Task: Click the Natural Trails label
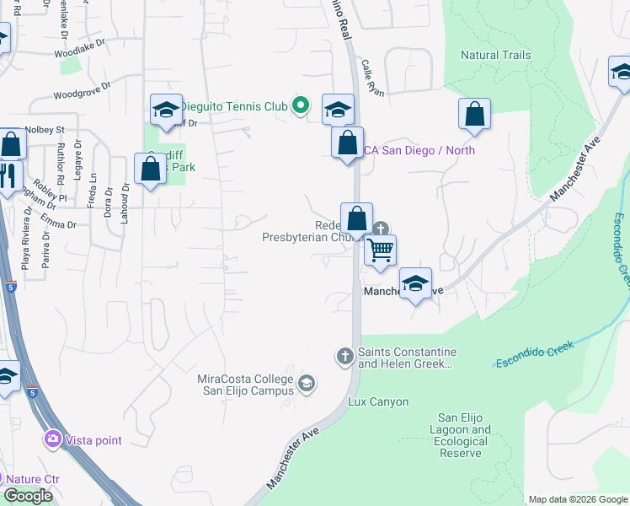[x=495, y=56]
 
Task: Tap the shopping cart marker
[x=380, y=250]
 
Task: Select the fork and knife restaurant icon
[x=8, y=177]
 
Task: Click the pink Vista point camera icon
[x=53, y=439]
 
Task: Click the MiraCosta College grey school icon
[x=307, y=384]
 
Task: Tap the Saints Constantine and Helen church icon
[x=344, y=357]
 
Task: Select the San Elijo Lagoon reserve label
[x=463, y=435]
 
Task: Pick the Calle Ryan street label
[x=371, y=78]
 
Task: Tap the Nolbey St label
[x=45, y=130]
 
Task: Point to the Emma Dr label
[x=59, y=224]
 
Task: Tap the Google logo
[x=28, y=496]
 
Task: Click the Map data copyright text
[x=578, y=499]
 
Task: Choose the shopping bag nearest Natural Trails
[x=474, y=116]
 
